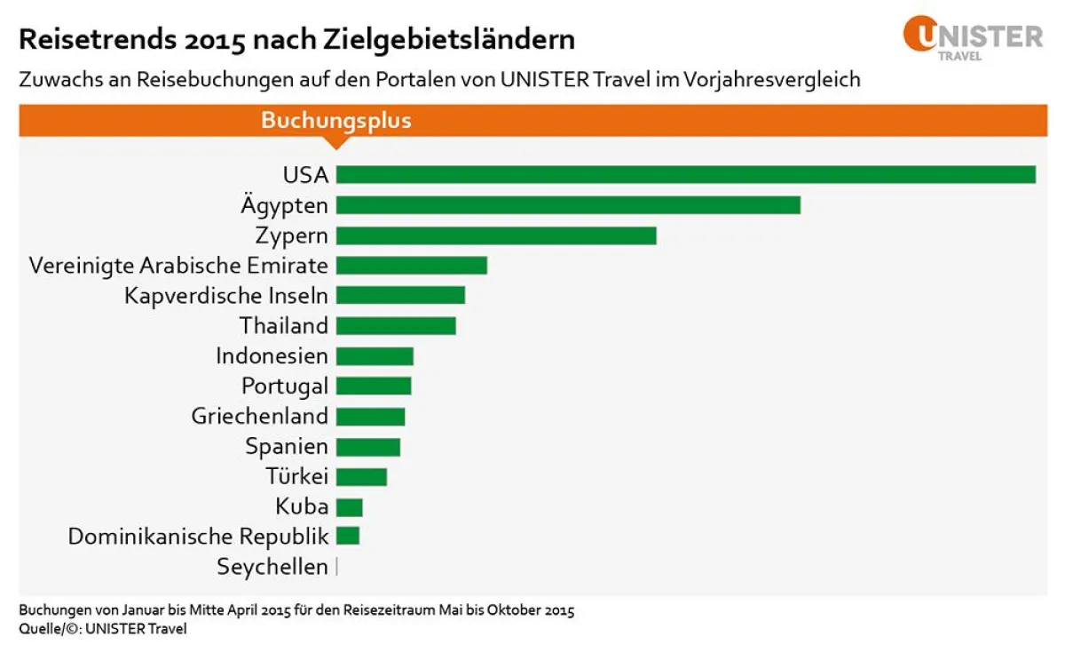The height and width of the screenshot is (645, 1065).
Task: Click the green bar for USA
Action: point(685,175)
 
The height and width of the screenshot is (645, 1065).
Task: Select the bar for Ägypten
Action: point(568,205)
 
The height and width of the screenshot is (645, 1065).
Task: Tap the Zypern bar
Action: point(496,235)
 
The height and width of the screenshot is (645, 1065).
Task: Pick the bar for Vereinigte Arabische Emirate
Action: point(412,266)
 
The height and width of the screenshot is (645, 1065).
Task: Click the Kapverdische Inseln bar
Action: point(400,296)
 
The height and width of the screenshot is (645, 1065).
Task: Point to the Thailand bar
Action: point(396,326)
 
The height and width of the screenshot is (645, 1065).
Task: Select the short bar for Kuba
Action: point(350,507)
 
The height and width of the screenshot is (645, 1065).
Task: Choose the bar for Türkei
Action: point(361,477)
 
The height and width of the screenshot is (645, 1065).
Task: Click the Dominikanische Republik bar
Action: point(348,536)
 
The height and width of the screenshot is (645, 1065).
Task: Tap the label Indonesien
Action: point(272,356)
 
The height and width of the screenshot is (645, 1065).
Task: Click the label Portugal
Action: point(284,386)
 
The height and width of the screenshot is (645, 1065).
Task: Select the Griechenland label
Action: point(259,417)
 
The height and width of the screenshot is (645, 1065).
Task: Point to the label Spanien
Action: point(286,447)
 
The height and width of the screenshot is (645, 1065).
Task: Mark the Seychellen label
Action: point(272,567)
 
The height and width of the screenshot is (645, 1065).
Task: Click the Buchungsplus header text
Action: point(335,121)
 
